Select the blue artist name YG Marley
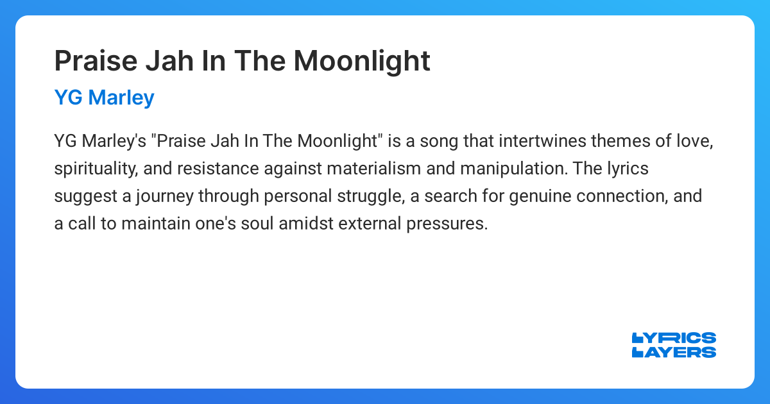(104, 97)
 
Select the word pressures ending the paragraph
(448, 223)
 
